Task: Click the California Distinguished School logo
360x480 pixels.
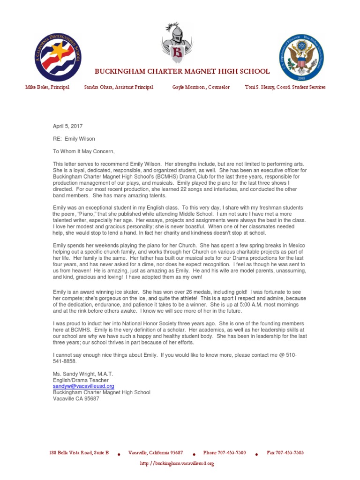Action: pyautogui.click(x=57, y=57)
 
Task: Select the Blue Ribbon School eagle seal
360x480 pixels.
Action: pyautogui.click(x=301, y=57)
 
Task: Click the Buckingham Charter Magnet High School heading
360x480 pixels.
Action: pyautogui.click(x=182, y=71)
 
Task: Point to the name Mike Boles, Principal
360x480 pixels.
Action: pyautogui.click(x=47, y=88)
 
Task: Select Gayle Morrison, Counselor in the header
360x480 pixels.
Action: pyautogui.click(x=201, y=88)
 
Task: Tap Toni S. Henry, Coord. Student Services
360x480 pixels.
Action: pyautogui.click(x=285, y=88)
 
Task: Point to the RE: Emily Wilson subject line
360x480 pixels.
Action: pyautogui.click(x=74, y=139)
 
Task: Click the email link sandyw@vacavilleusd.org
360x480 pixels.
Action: pyautogui.click(x=83, y=386)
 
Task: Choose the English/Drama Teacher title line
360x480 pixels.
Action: pyautogui.click(x=81, y=380)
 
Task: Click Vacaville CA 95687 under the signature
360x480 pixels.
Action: pyautogui.click(x=76, y=399)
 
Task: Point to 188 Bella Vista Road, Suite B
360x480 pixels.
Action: pyautogui.click(x=79, y=453)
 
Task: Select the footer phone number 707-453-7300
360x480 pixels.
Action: pyautogui.click(x=224, y=453)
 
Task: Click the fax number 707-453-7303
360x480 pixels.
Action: pyautogui.click(x=285, y=453)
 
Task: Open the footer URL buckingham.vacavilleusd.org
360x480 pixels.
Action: pyautogui.click(x=177, y=463)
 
